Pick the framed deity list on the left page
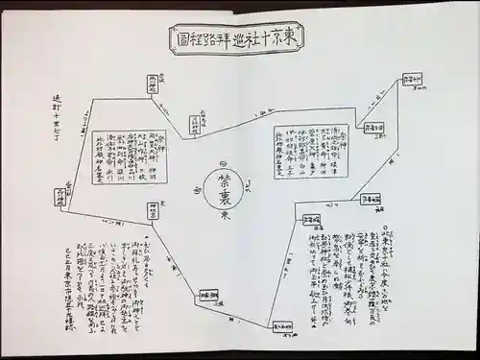130,156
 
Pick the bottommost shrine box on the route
281,327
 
